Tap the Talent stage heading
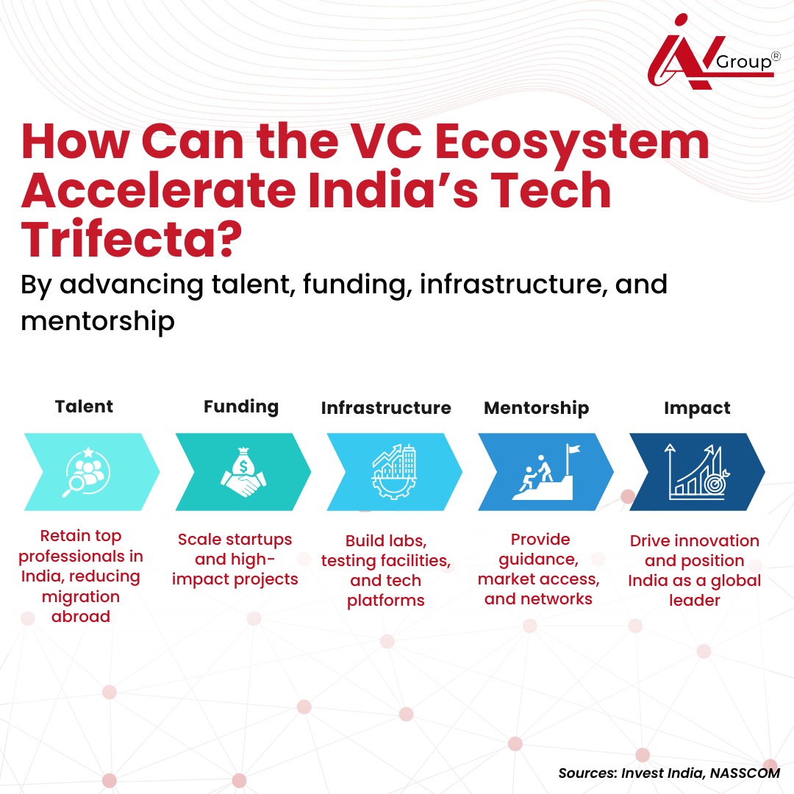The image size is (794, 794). (84, 407)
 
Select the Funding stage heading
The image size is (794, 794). (241, 407)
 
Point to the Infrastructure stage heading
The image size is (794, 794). (386, 408)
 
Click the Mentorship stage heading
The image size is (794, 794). (536, 408)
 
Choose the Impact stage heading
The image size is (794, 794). (697, 408)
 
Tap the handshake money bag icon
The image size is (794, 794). (243, 471)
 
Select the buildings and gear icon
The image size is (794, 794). (394, 471)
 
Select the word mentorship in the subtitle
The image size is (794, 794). (97, 321)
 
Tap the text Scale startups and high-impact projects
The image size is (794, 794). (235, 559)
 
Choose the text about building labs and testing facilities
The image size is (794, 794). (386, 571)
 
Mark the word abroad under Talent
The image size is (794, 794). (81, 616)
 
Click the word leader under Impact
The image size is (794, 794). (694, 600)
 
